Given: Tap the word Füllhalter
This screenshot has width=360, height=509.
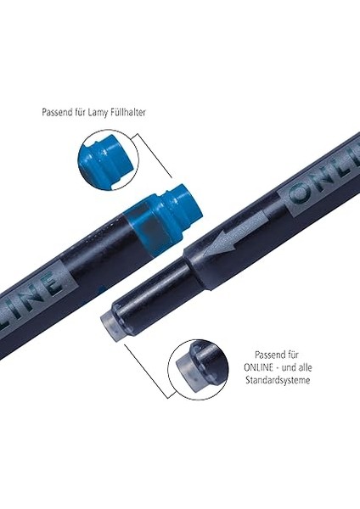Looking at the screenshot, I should point(127,112).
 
